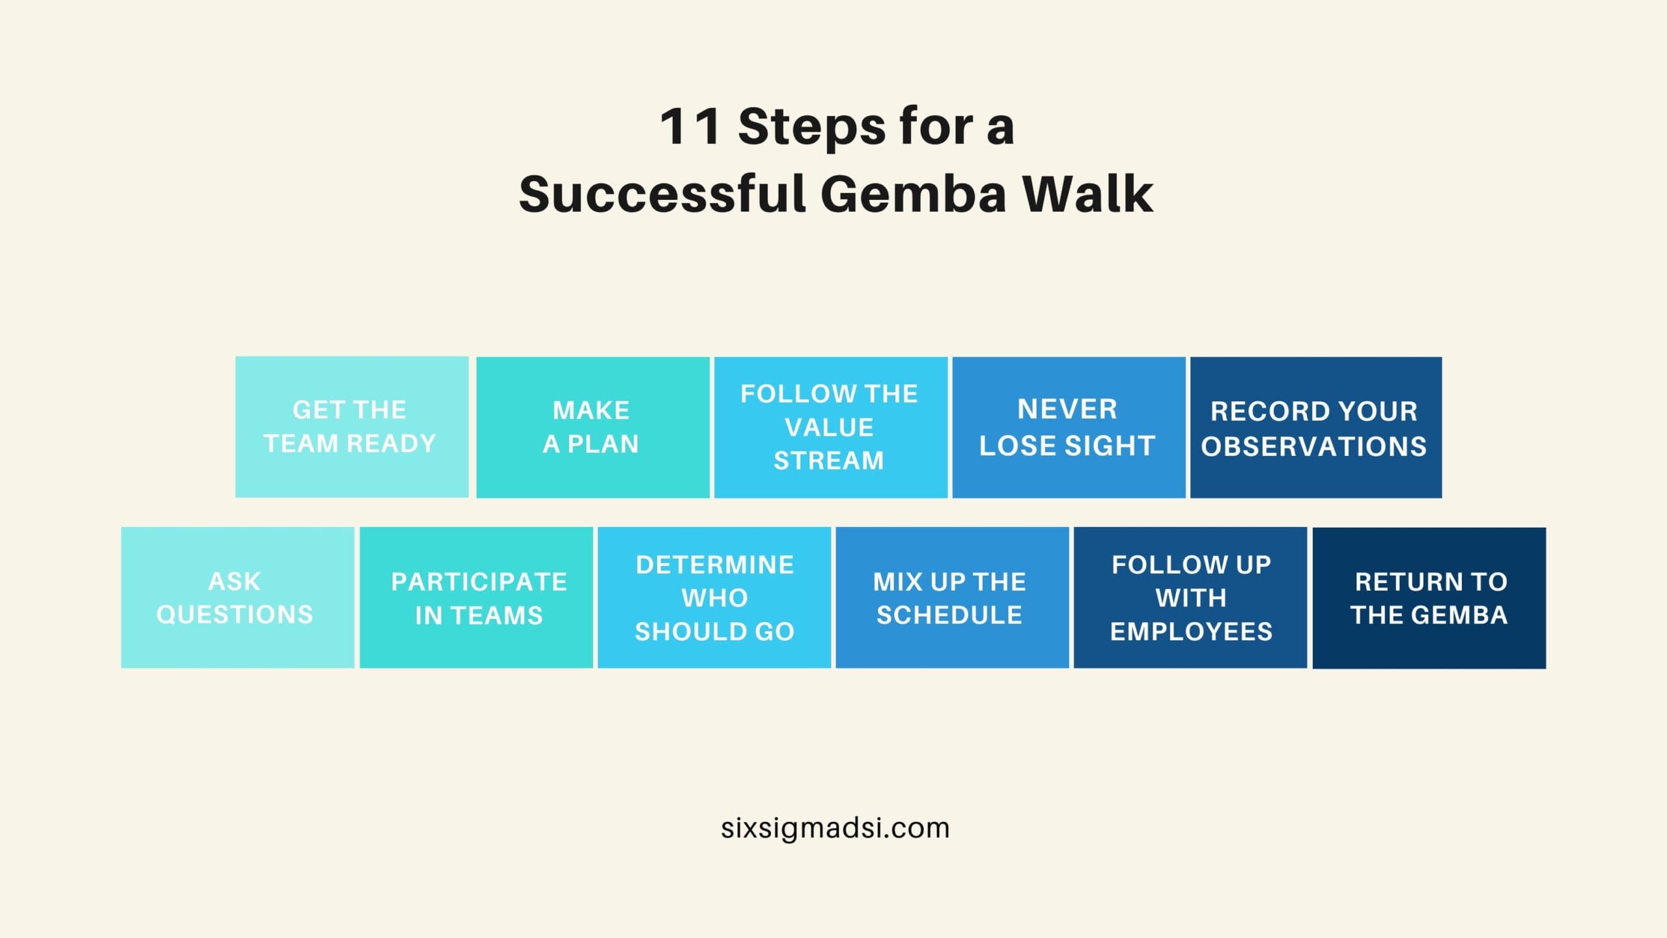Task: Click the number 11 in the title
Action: [690, 126]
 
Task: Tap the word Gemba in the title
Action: [913, 193]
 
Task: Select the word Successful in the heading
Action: [662, 193]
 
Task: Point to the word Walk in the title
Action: [1087, 193]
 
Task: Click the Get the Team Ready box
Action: [352, 427]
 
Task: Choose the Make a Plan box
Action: [593, 427]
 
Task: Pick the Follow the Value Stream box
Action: [831, 427]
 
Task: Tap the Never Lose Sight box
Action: [1069, 427]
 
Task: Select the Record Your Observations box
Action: [1316, 427]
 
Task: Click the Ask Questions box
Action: [238, 597]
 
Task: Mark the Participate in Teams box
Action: [476, 597]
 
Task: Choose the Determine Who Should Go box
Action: [714, 597]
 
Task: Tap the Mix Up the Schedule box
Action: [952, 597]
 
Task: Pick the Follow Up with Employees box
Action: [1190, 597]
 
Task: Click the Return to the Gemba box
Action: [1429, 598]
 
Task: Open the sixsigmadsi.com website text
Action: [835, 829]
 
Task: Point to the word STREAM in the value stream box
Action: [829, 461]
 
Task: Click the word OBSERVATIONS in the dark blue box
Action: [1314, 446]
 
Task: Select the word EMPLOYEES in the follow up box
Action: [1191, 631]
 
